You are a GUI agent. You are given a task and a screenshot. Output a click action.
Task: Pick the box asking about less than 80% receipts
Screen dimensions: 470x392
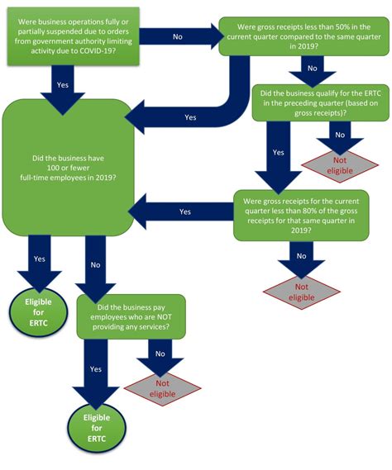pos(300,213)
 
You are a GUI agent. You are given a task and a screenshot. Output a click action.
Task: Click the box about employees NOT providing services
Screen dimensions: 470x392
pos(132,315)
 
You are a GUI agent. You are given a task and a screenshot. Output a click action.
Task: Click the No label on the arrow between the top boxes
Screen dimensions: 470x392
pos(177,37)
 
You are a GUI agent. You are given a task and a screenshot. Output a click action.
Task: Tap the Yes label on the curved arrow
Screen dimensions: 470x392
pos(190,117)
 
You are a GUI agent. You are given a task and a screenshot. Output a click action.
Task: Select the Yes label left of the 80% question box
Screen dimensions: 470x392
pos(184,211)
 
